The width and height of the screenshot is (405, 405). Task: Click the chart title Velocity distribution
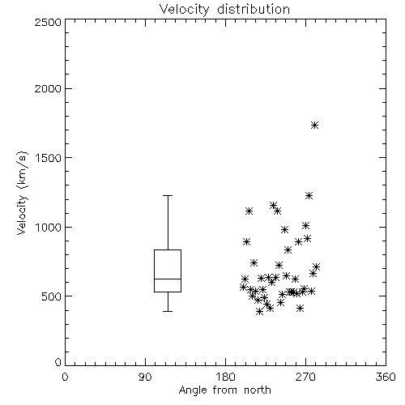pyautogui.click(x=224, y=9)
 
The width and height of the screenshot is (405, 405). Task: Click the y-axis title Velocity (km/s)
pyautogui.click(x=22, y=193)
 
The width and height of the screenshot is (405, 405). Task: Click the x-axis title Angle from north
pyautogui.click(x=224, y=390)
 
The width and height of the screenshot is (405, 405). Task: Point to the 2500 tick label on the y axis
pyautogui.click(x=48, y=22)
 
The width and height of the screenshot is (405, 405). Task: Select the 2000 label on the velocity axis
pyautogui.click(x=48, y=88)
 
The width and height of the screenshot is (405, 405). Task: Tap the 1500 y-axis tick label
pyautogui.click(x=48, y=158)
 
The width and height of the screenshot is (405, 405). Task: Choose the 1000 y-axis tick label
pyautogui.click(x=48, y=228)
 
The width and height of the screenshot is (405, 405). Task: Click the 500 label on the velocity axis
pyautogui.click(x=52, y=296)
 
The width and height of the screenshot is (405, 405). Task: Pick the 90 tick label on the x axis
pyautogui.click(x=145, y=377)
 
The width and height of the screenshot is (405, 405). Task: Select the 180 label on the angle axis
pyautogui.click(x=225, y=377)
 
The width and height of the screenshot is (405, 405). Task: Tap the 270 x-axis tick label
pyautogui.click(x=305, y=377)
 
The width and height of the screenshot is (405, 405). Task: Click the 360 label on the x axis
pyautogui.click(x=386, y=377)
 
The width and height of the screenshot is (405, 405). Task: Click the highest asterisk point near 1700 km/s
pyautogui.click(x=314, y=125)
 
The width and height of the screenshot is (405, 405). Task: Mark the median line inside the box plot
pyautogui.click(x=168, y=279)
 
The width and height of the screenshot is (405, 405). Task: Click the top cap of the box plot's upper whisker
pyautogui.click(x=168, y=195)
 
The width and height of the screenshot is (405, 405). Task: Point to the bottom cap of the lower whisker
pyautogui.click(x=168, y=311)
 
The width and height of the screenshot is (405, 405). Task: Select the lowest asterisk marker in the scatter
pyautogui.click(x=259, y=312)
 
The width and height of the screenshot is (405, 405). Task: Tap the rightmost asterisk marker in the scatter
pyautogui.click(x=316, y=267)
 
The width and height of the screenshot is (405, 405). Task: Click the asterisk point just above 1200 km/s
pyautogui.click(x=309, y=195)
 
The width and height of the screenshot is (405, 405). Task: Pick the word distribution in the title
pyautogui.click(x=254, y=9)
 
